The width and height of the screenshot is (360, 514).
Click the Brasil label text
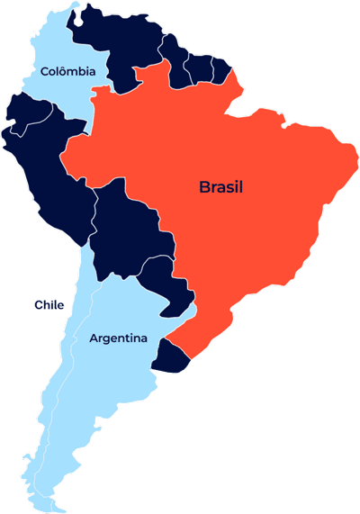[x=221, y=187]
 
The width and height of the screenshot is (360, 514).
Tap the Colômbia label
[x=67, y=71]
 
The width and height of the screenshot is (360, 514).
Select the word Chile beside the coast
[x=49, y=305]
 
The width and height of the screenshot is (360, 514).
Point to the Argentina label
[x=118, y=338]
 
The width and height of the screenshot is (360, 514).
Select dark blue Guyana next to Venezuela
[x=175, y=59]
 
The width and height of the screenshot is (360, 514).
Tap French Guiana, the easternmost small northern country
[x=220, y=69]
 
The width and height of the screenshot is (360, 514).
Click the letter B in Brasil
[x=204, y=187]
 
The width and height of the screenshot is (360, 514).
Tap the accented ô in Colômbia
[x=64, y=70]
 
